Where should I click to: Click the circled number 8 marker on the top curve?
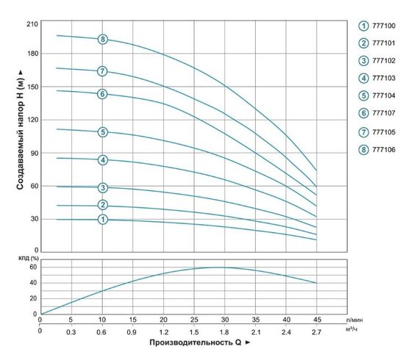click(103, 39)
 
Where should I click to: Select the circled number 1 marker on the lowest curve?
click(103, 219)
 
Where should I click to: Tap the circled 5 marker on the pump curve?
click(103, 132)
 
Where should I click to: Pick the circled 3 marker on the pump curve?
click(103, 188)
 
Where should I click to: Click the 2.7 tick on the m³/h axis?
click(316, 331)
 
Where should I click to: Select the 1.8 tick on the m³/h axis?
click(224, 331)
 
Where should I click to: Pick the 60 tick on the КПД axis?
click(33, 267)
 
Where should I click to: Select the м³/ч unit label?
click(354, 331)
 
